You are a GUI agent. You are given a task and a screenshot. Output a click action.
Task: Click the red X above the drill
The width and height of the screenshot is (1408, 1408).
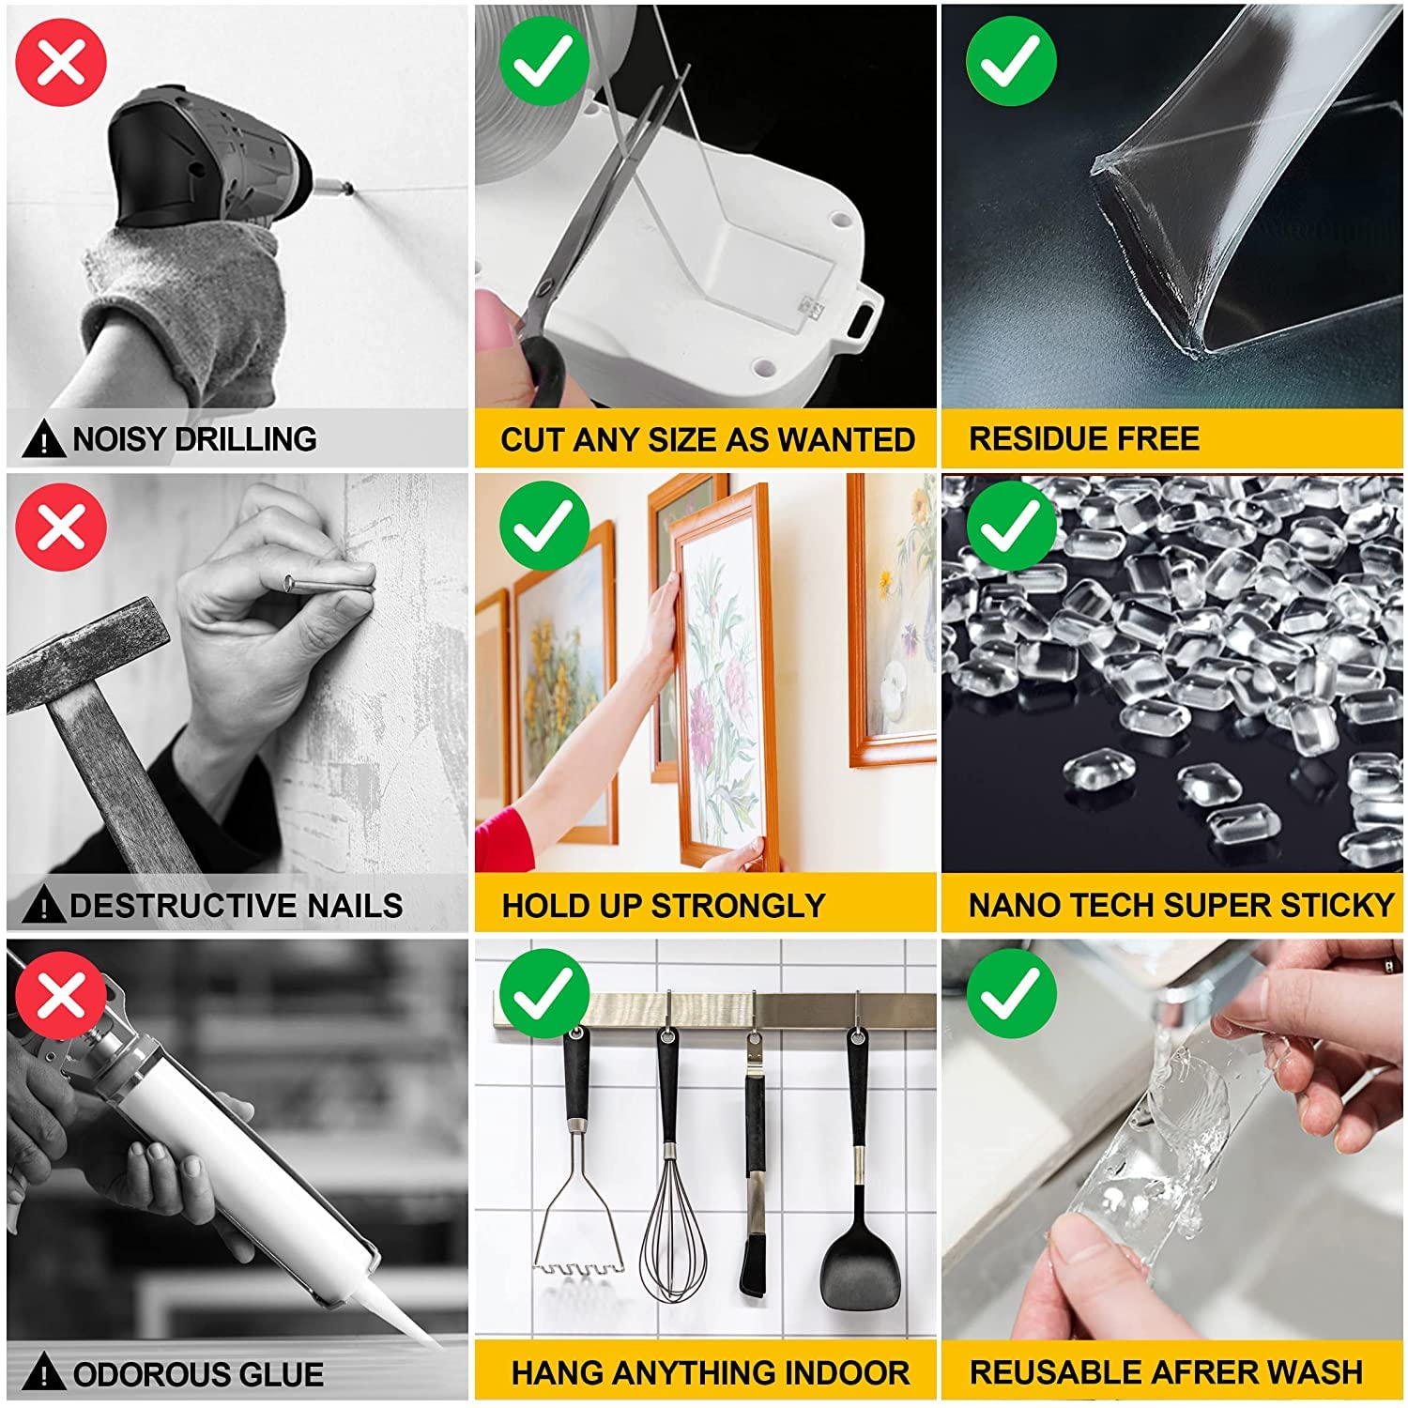click(x=61, y=61)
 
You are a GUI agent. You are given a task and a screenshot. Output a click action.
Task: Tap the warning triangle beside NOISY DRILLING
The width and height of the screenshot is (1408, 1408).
click(x=43, y=439)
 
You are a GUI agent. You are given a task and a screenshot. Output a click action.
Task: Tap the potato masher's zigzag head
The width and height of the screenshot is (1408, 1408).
click(x=578, y=1267)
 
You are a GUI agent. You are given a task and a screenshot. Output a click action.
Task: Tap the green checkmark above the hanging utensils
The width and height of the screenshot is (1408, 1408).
click(x=543, y=993)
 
